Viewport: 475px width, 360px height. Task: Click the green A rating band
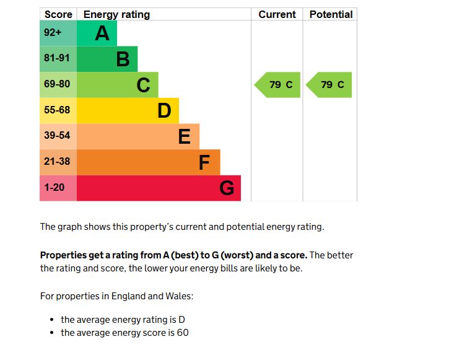(97, 33)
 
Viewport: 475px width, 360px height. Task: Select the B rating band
(107, 59)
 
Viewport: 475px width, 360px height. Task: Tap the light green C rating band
(117, 85)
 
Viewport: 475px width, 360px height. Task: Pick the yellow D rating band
(128, 111)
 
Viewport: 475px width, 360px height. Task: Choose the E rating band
(137, 136)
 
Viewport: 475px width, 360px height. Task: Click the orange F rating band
(148, 162)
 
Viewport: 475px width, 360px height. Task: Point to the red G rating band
(159, 188)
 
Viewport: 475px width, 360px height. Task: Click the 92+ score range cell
(58, 33)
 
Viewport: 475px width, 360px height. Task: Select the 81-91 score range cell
(58, 59)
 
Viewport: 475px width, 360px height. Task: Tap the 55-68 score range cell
(58, 111)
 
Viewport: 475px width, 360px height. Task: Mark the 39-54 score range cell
(58, 136)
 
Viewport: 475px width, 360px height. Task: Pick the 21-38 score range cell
(58, 162)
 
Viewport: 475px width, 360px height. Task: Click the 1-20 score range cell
(58, 188)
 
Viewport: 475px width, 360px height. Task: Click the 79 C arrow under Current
(277, 85)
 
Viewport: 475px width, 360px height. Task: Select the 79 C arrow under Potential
(329, 85)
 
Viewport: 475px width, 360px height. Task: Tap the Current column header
(277, 14)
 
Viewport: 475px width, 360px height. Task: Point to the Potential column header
(331, 14)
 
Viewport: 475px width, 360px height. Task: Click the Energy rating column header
(116, 14)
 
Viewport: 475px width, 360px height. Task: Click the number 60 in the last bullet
(182, 333)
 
